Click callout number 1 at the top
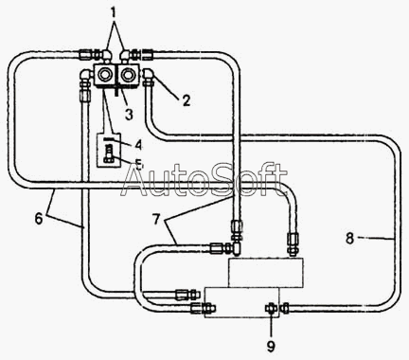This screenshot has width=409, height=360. coord(114,13)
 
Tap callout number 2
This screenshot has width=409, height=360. coord(187,100)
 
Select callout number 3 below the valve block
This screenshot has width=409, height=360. coord(129,115)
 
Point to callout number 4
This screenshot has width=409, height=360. coord(138,144)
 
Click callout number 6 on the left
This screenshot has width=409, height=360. coord(39,219)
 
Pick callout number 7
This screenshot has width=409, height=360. coord(156,219)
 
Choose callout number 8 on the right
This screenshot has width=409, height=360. coord(349,238)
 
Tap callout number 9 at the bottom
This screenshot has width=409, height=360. coord(271,347)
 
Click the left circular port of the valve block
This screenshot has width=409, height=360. coord(104,75)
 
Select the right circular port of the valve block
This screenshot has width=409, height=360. coord(128,75)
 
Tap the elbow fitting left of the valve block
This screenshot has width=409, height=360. coord(85,77)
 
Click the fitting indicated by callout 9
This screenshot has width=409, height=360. coord(271,308)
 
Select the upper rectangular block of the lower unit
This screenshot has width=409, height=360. coord(266,273)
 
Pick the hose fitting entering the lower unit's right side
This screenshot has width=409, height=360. coord(285,308)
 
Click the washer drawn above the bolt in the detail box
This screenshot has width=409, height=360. coord(108,139)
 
